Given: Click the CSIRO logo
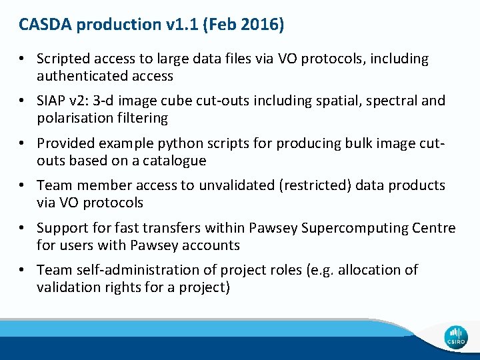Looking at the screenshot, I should point(456,337).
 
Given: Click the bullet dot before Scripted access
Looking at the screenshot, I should point(23,59).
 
